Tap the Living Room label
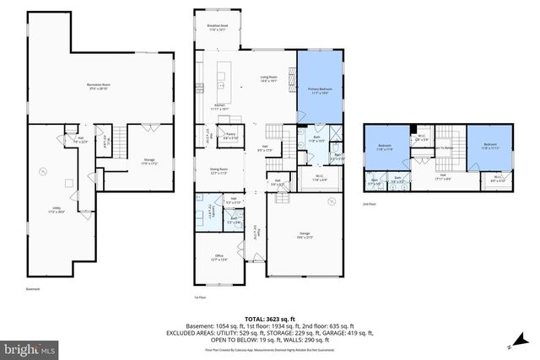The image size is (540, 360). click(269, 79)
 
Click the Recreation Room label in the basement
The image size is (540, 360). click(101, 86)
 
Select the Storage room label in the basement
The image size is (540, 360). click(149, 160)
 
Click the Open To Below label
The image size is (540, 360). click(444, 148)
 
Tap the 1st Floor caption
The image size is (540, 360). click(200, 298)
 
